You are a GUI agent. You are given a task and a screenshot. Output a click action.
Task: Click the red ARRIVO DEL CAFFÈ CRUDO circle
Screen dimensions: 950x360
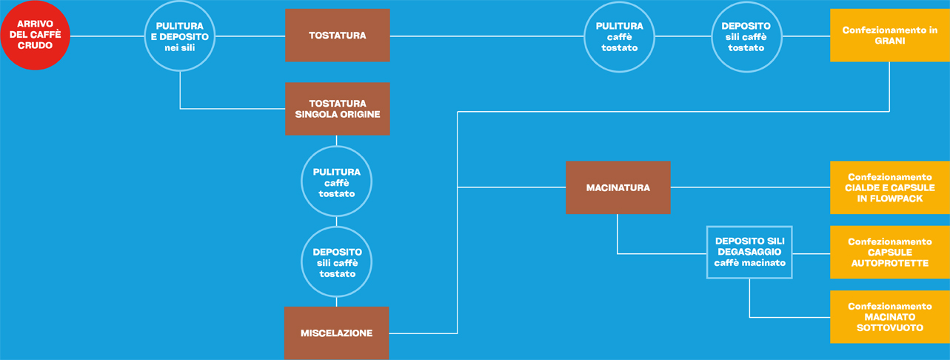(x=35, y=35)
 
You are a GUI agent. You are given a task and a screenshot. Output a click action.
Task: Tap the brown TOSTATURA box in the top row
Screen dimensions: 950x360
(x=338, y=36)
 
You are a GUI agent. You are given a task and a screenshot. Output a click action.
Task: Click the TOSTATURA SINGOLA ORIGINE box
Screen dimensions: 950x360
(x=338, y=109)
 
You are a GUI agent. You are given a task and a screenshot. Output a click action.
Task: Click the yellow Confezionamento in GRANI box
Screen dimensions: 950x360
(x=890, y=36)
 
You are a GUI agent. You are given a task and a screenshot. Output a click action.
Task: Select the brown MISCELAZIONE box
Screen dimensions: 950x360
(x=337, y=333)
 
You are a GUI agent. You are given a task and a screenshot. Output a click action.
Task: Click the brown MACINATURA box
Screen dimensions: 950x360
(x=618, y=187)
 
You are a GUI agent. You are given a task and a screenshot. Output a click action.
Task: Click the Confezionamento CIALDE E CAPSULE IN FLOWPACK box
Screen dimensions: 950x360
(x=890, y=187)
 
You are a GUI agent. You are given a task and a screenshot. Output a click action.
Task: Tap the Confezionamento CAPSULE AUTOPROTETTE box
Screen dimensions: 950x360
(x=890, y=253)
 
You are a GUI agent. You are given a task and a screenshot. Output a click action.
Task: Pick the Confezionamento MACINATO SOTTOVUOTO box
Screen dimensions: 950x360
(x=890, y=317)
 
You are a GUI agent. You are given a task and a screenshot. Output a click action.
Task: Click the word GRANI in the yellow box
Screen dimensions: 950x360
(x=890, y=41)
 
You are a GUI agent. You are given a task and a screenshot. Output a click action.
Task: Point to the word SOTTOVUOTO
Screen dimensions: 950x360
(x=890, y=327)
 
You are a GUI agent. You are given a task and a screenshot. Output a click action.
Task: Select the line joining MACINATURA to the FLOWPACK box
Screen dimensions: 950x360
(x=750, y=187)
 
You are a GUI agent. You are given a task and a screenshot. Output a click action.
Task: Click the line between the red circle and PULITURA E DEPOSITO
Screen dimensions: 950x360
(x=107, y=36)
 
